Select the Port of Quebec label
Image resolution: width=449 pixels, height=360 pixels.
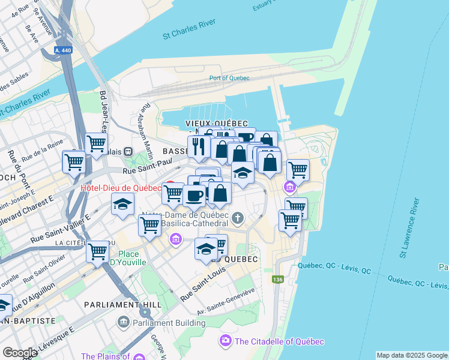click(x=229, y=78)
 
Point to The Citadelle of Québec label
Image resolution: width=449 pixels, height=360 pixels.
click(x=279, y=341)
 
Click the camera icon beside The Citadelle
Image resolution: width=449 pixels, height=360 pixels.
click(x=225, y=341)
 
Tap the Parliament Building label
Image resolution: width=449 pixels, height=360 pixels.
click(x=169, y=323)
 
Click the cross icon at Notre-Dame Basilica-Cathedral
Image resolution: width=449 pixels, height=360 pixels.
click(x=238, y=217)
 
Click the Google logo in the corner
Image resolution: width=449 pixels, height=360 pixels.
click(x=20, y=353)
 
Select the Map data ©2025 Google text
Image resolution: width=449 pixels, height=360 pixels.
click(x=412, y=355)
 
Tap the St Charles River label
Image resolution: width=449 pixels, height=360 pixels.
click(x=189, y=35)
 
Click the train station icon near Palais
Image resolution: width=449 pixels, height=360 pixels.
click(x=128, y=152)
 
